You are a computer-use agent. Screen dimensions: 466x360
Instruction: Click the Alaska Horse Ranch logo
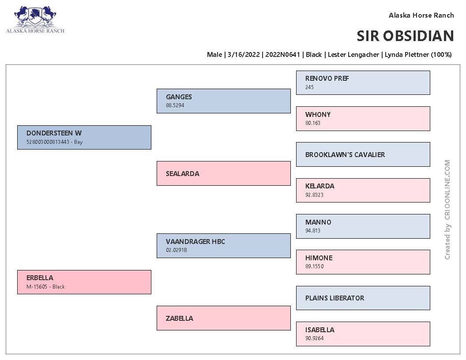click(35, 19)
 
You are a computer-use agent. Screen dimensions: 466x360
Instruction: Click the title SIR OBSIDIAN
click(405, 36)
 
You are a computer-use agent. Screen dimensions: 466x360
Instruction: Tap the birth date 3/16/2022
click(244, 55)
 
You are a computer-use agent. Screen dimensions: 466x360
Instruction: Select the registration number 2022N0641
click(282, 55)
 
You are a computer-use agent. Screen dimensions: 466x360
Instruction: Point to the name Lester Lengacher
click(353, 55)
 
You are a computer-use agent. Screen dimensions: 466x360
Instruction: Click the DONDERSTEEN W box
click(84, 137)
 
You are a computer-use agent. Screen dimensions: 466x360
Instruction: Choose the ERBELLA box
click(84, 282)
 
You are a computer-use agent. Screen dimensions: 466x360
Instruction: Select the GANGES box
click(223, 101)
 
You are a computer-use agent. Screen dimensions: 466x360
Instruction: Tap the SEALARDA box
click(223, 173)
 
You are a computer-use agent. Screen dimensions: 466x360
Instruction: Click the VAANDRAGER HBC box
click(223, 246)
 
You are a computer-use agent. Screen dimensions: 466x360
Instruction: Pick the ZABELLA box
click(223, 318)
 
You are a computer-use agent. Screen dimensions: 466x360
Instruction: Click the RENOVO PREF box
click(363, 83)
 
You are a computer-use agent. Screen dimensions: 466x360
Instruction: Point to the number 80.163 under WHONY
click(312, 123)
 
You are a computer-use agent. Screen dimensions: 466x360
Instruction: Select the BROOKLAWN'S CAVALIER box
click(363, 154)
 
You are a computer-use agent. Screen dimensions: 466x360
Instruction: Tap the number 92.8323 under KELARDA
click(314, 195)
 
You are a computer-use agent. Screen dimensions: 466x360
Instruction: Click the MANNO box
click(363, 226)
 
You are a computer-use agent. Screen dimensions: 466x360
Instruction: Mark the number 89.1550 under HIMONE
click(315, 266)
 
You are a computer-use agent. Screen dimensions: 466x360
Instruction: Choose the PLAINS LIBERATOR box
click(363, 298)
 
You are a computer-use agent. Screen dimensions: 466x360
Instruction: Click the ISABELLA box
click(363, 334)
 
